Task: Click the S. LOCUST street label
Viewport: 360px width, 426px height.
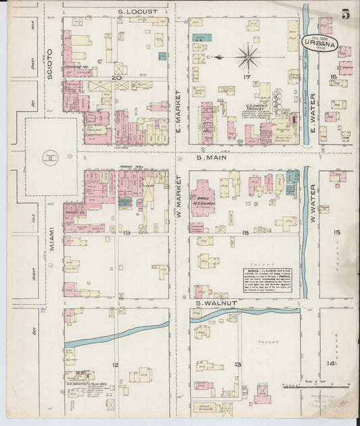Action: tap(137, 11)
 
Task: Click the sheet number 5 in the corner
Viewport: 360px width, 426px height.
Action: tap(345, 14)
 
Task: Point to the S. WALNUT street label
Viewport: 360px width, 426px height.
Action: tap(216, 303)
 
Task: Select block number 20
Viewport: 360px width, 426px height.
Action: tap(116, 78)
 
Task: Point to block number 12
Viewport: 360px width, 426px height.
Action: tap(115, 365)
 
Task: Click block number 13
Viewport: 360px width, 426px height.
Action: tap(238, 365)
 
